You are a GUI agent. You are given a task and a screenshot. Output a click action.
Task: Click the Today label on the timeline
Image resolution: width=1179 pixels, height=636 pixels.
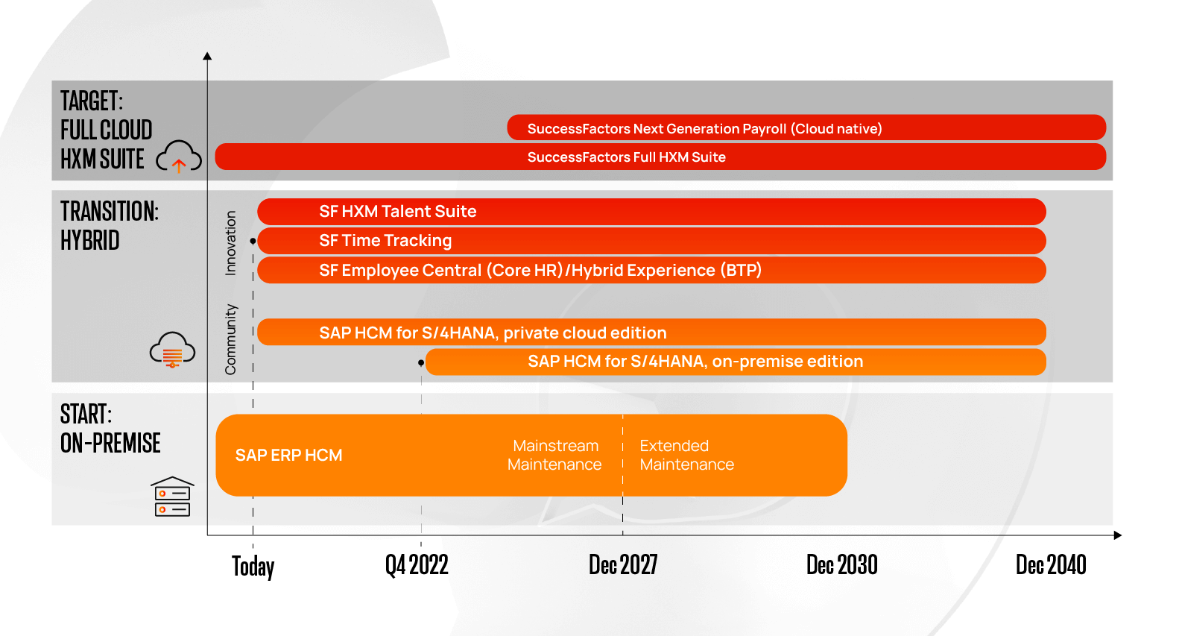coord(253,567)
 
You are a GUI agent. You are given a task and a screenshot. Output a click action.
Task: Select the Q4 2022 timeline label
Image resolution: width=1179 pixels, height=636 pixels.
coord(417,565)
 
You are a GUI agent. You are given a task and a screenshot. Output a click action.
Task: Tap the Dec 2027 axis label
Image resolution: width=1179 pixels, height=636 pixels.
coord(623,565)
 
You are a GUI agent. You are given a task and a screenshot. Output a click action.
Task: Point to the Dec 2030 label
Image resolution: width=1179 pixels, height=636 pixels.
coord(841,565)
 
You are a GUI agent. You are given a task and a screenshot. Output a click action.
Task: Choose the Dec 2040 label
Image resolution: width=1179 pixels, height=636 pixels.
coord(1051,565)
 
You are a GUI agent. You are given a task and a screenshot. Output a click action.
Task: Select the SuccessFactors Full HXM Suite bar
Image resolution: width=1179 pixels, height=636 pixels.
coord(660,157)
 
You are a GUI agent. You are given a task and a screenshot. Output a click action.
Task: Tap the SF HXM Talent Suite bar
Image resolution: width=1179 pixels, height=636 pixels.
coord(651,212)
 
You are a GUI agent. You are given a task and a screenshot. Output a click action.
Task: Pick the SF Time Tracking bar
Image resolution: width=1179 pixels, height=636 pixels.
coord(651,241)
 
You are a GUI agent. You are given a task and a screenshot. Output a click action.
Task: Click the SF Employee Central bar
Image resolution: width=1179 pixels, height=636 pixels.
coord(651,271)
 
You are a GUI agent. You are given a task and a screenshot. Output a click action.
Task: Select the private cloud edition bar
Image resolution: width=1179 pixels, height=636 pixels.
coord(651,333)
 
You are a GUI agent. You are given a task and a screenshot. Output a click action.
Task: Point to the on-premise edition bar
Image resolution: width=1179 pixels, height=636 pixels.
coord(735,362)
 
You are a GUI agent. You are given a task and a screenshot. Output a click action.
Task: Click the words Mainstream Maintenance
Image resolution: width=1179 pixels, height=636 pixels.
coord(554,455)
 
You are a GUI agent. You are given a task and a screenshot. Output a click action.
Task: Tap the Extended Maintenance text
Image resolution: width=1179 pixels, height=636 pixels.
coord(686,455)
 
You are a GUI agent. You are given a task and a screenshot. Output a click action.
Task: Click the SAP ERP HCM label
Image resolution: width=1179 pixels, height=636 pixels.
coord(288,456)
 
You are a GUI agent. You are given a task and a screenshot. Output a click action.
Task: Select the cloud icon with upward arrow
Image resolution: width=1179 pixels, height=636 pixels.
coord(179,157)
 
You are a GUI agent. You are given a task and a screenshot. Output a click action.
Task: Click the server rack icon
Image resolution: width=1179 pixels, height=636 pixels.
coord(172,497)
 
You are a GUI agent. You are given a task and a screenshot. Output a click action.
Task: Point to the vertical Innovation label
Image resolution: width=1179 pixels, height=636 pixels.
coord(231,243)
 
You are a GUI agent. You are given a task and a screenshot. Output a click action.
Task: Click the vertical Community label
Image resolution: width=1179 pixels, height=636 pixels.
coord(231,339)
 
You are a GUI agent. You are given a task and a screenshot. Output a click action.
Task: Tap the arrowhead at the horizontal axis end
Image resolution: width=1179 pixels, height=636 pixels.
coord(1117,535)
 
